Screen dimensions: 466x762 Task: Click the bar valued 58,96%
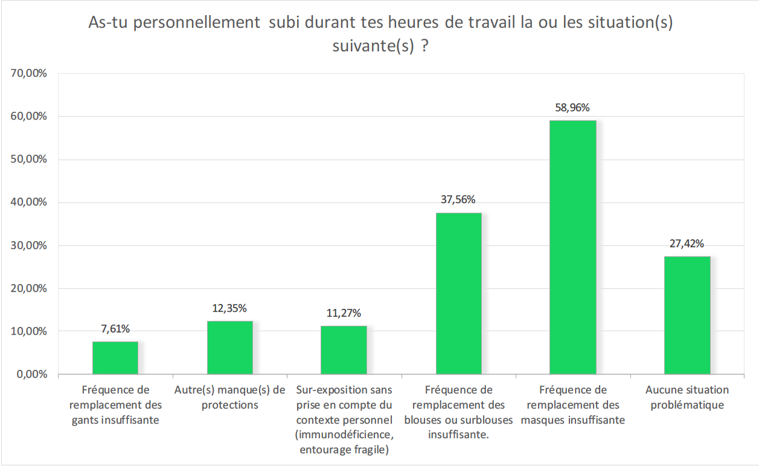pos(573,247)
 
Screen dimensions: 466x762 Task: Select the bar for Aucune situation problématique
pos(687,315)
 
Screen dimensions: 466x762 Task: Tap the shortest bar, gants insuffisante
pos(115,358)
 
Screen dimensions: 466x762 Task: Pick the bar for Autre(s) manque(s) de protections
pos(229,348)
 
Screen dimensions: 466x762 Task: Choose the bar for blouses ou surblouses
pos(458,293)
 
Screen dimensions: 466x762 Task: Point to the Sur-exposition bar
pos(344,350)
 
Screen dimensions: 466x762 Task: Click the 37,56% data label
pos(458,199)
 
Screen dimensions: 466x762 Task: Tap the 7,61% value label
pos(115,329)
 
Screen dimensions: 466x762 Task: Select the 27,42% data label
pos(687,244)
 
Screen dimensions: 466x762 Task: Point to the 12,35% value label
pos(229,308)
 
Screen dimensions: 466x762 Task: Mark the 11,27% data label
pos(344,313)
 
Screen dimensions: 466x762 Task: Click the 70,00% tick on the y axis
pos(28,74)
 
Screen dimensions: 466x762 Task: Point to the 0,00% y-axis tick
pos(30,375)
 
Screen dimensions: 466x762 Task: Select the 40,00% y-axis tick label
pos(28,202)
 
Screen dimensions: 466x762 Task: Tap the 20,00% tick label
pos(28,289)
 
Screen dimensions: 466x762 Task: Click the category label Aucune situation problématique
pos(687,398)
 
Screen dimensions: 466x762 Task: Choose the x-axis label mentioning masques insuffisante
pos(573,405)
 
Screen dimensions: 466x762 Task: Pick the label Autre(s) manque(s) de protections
pos(229,398)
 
